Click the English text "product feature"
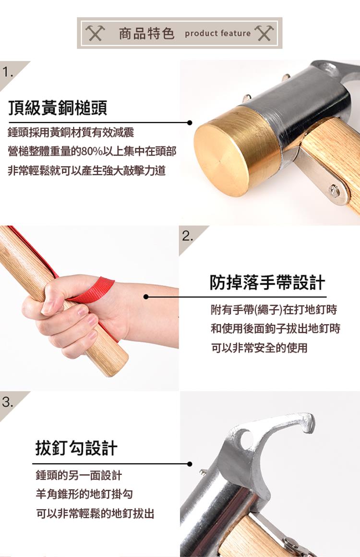click(x=217, y=34)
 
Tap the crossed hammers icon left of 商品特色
click(x=95, y=33)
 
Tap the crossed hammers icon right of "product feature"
click(x=264, y=33)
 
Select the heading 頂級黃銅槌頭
click(x=58, y=108)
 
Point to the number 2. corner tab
click(x=188, y=236)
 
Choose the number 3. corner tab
click(x=8, y=402)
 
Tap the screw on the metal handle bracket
click(x=334, y=191)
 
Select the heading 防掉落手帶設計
click(x=267, y=282)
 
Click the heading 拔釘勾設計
click(x=76, y=448)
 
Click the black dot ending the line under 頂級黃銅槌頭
click(x=190, y=122)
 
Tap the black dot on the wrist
click(x=146, y=297)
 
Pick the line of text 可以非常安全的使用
click(x=259, y=348)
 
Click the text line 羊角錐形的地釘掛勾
click(x=84, y=494)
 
